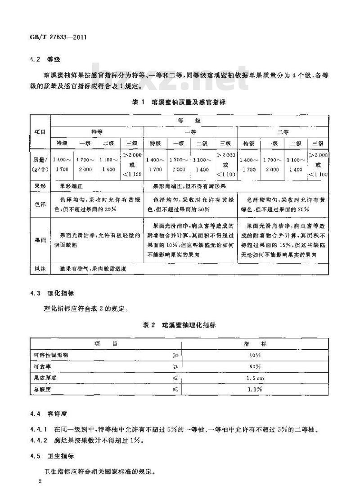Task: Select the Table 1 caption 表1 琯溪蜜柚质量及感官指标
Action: pyautogui.click(x=179, y=102)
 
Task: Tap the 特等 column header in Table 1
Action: pyautogui.click(x=97, y=132)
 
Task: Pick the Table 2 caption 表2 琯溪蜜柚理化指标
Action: pyautogui.click(x=179, y=325)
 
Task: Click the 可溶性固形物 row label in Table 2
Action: pyautogui.click(x=51, y=355)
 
